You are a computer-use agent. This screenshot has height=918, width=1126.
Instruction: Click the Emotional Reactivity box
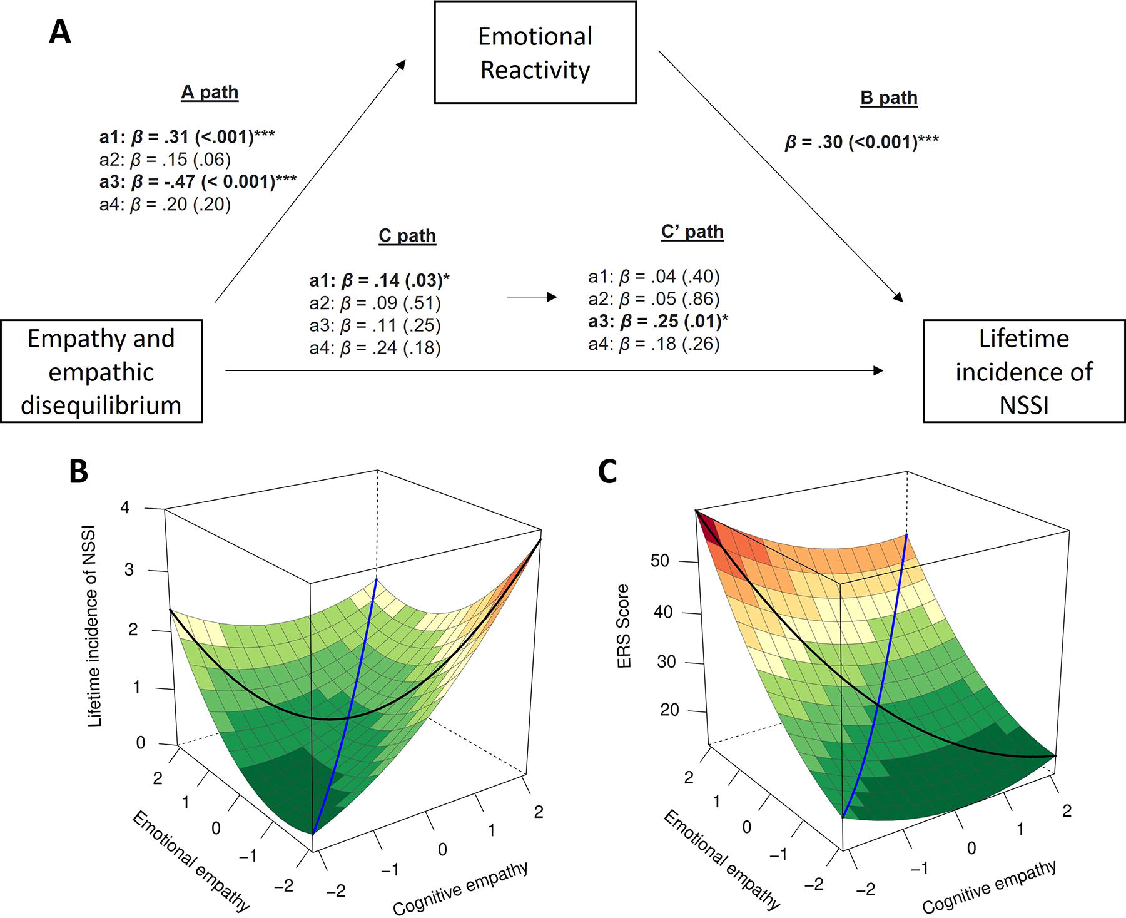(535, 53)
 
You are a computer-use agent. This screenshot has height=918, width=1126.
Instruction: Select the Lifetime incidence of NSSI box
(1024, 372)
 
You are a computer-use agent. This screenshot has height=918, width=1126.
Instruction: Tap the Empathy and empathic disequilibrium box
(101, 372)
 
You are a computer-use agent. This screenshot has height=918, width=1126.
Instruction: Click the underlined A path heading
(210, 93)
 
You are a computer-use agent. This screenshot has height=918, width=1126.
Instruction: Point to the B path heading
(889, 98)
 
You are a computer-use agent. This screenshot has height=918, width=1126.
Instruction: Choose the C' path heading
(692, 232)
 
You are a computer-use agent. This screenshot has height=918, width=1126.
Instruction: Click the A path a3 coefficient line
(198, 182)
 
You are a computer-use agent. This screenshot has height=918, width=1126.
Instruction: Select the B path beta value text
(862, 143)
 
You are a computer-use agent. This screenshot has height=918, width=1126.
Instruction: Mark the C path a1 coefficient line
(380, 281)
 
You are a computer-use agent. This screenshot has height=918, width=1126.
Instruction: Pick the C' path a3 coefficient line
(659, 322)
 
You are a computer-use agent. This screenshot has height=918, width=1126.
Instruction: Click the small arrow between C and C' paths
(532, 297)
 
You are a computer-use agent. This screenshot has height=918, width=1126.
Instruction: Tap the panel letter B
(78, 472)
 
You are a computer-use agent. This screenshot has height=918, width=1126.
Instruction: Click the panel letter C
(608, 472)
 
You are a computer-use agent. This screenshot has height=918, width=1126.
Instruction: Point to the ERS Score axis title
(624, 626)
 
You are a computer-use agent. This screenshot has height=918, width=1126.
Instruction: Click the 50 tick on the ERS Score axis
(660, 561)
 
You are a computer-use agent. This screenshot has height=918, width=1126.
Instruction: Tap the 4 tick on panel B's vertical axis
(125, 507)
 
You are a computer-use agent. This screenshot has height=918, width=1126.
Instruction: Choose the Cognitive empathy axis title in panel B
(461, 889)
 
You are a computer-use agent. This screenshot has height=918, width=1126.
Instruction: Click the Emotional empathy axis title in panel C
(722, 860)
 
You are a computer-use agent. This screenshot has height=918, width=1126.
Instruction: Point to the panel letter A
(60, 31)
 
